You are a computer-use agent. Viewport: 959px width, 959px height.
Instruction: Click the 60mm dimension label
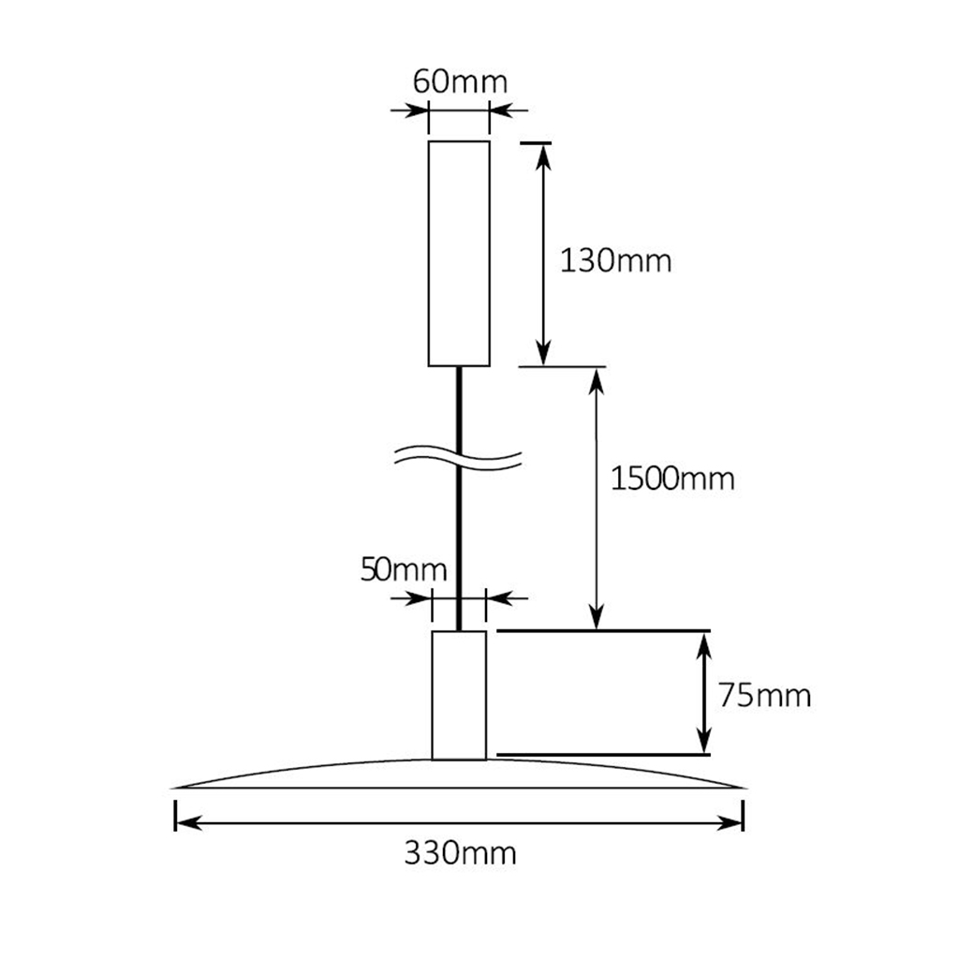point(460,81)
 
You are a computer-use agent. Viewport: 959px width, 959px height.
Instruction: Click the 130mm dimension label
point(615,259)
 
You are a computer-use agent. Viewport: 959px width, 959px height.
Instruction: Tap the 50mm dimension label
point(404,568)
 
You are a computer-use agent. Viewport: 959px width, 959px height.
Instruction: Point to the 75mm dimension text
point(764,695)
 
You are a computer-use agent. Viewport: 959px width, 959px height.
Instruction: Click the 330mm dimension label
point(460,853)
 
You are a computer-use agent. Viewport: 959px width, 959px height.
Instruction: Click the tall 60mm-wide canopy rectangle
point(459,253)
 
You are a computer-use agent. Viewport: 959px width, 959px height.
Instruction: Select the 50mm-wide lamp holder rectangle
point(459,694)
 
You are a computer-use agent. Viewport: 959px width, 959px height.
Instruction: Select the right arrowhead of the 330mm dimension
point(733,823)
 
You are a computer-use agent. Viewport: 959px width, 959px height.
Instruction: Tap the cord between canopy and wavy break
point(460,403)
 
